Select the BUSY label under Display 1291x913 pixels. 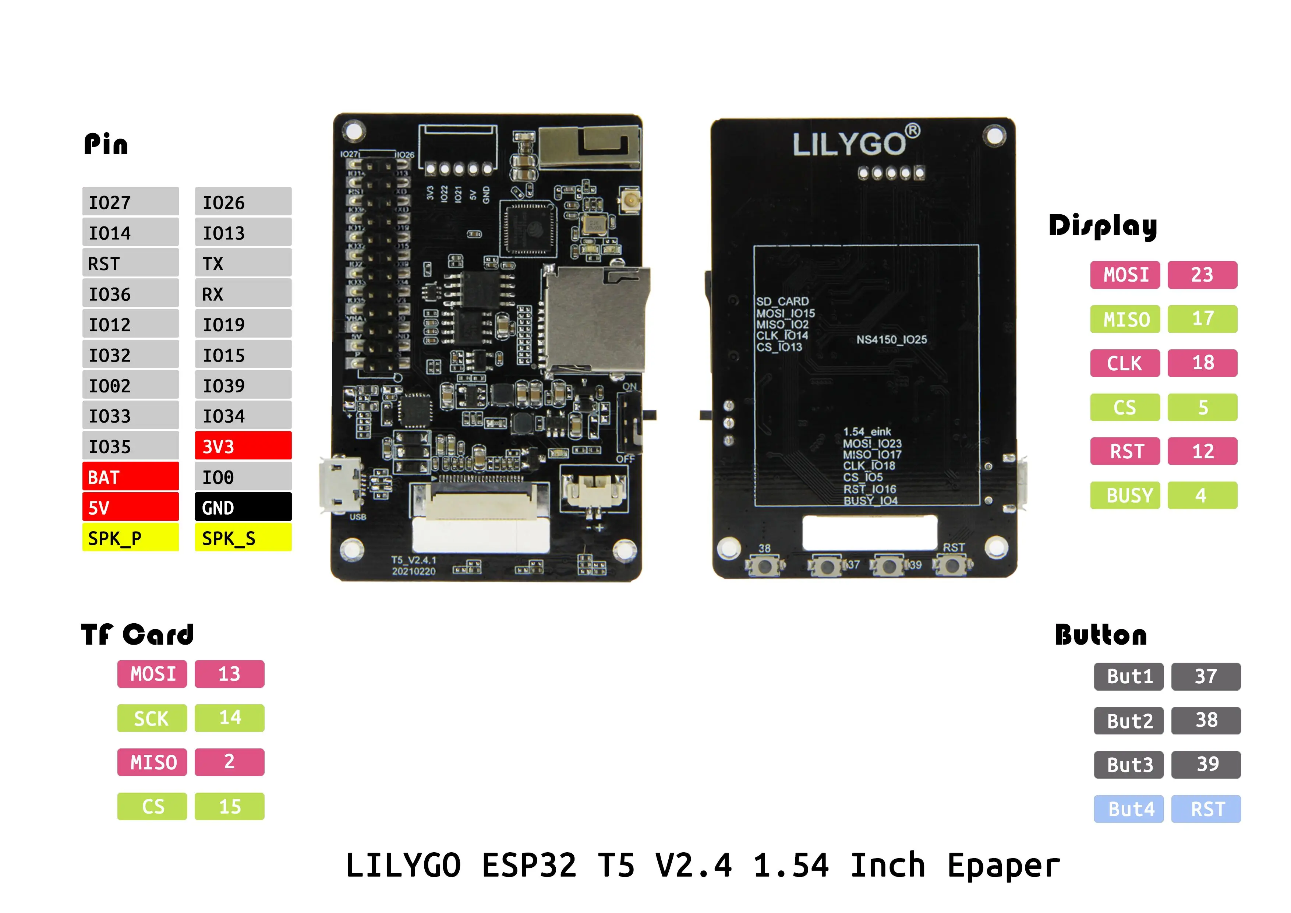[1125, 495]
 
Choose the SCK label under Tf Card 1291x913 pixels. [152, 718]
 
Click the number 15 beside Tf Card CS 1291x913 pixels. [229, 806]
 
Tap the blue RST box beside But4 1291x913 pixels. [1206, 808]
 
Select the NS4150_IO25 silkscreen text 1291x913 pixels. [891, 339]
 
